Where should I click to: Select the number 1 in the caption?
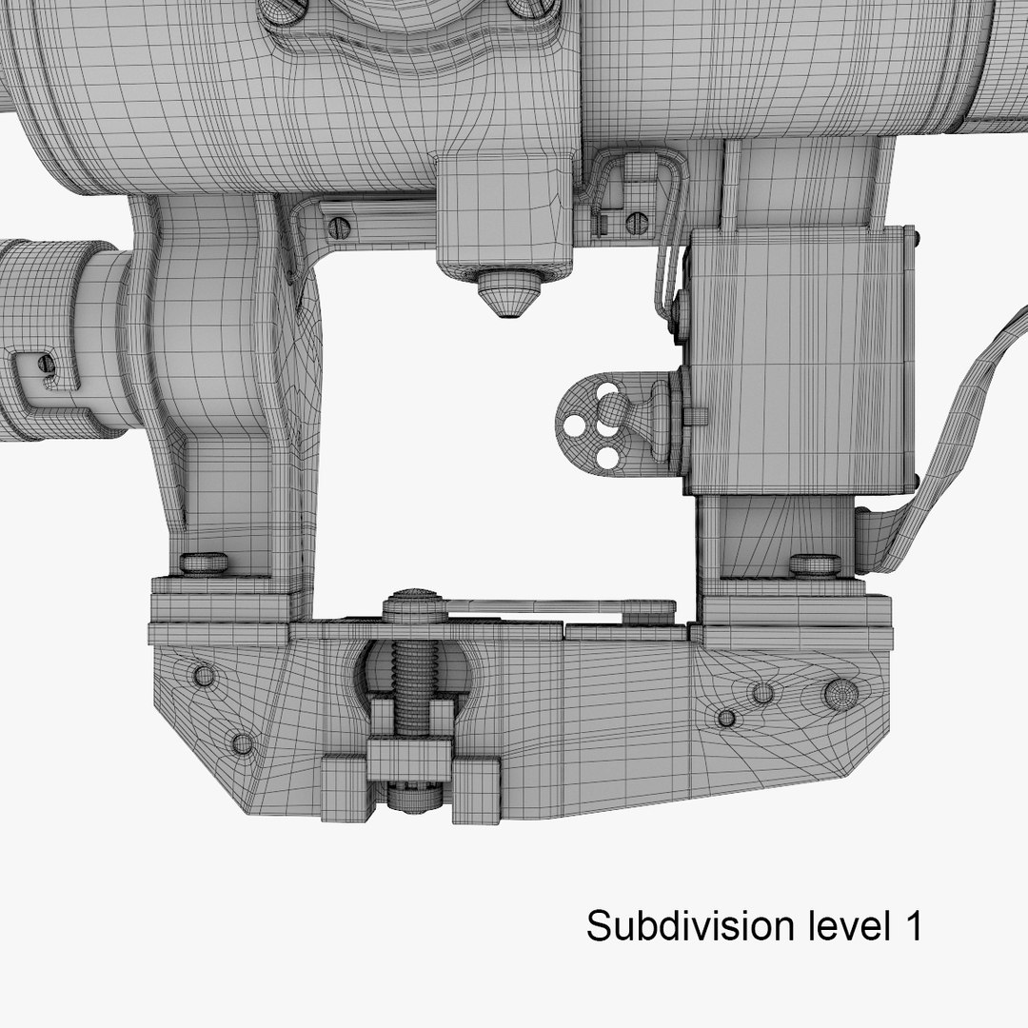coord(910,925)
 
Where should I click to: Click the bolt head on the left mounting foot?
coord(204,563)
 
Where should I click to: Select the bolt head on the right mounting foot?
coord(815,564)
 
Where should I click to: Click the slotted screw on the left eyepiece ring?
coord(45,365)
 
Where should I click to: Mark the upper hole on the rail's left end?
coord(204,676)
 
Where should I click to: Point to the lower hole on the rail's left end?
coord(242,742)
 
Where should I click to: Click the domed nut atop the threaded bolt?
coord(414,605)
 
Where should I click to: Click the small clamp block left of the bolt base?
coord(344,787)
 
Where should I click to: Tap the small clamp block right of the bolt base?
coord(476,789)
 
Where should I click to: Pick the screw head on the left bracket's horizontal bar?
coord(338,227)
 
